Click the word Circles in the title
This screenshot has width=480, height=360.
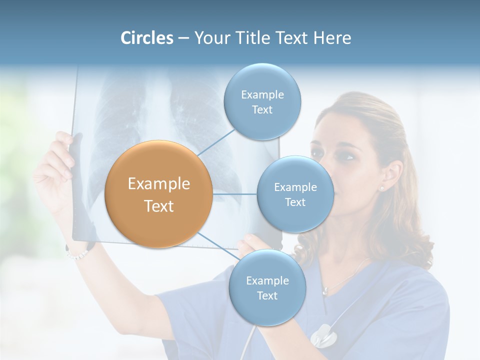point(147,38)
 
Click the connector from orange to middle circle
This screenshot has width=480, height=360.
point(235,194)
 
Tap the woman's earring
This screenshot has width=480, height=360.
point(382,188)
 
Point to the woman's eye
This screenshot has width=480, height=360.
point(348,156)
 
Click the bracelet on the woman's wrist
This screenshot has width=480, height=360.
point(77,254)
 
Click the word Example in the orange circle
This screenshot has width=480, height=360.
point(159,184)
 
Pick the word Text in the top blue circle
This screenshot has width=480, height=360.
point(262,110)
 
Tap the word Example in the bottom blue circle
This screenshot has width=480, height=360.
point(267,281)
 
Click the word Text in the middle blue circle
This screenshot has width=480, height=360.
point(295,202)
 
